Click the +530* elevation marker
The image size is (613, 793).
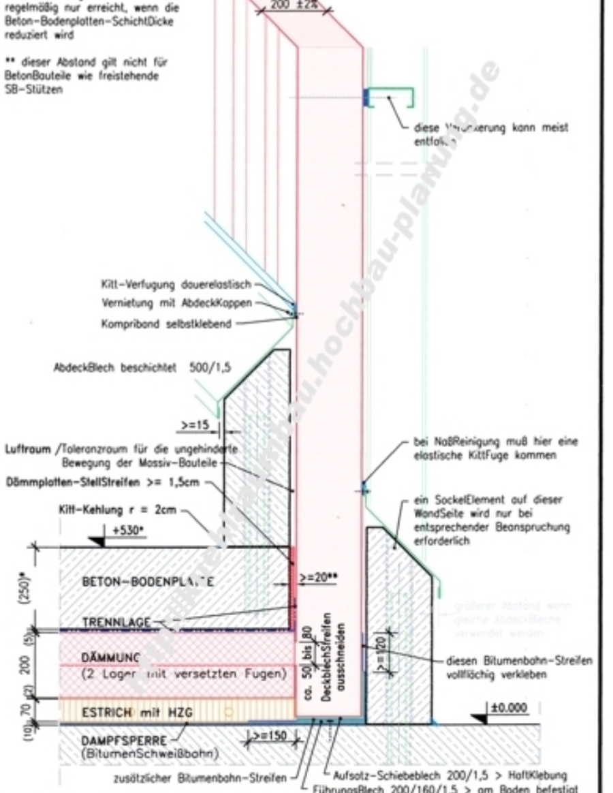(x=123, y=529)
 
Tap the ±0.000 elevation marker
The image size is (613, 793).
(x=509, y=709)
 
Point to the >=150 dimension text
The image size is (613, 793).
(x=269, y=736)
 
